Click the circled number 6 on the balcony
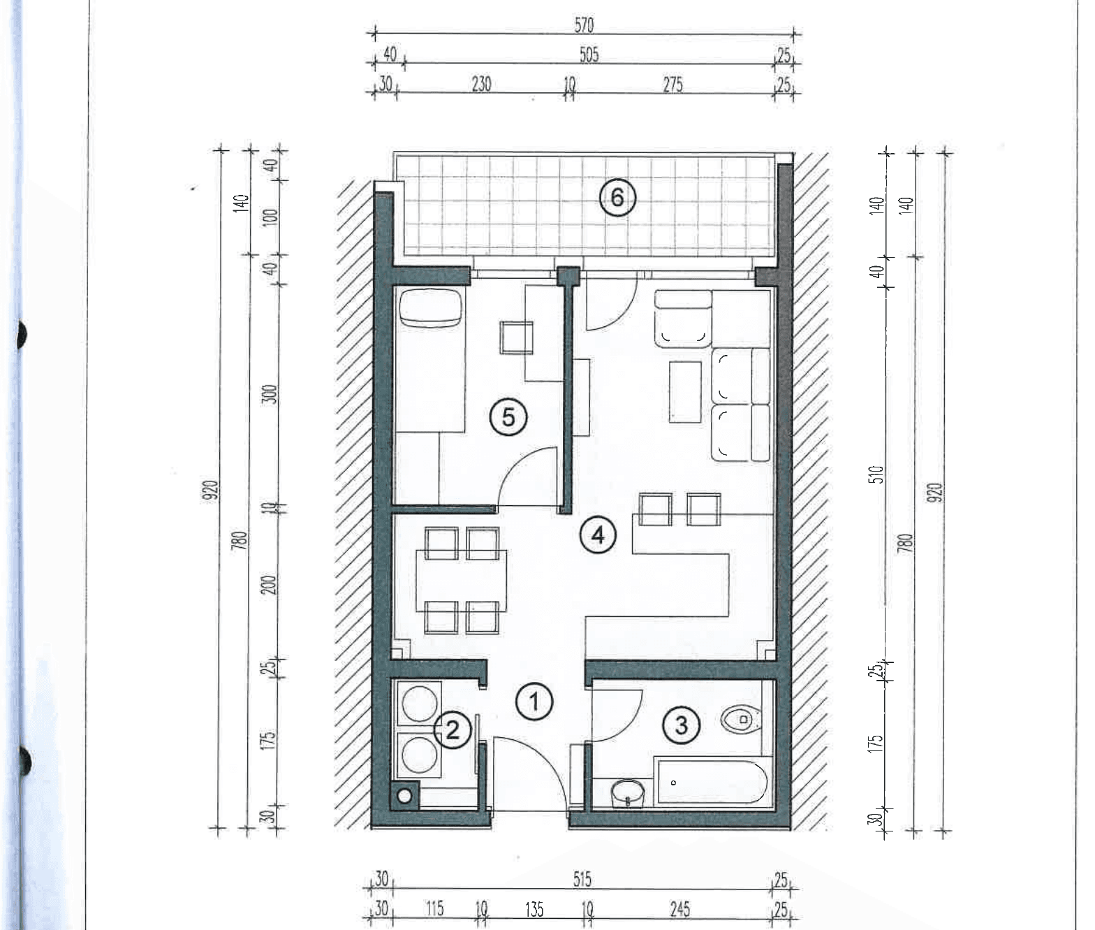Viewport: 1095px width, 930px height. pos(617,198)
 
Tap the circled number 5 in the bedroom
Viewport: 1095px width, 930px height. pos(508,418)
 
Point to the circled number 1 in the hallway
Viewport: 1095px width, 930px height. pos(534,702)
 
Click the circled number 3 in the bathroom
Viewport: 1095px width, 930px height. pos(682,725)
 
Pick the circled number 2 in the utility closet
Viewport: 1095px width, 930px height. pos(452,731)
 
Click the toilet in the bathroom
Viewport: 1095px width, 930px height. pos(742,720)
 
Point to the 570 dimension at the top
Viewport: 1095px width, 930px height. pos(584,25)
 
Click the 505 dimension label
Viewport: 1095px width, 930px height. pos(589,55)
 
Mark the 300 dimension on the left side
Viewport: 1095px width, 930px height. pos(270,394)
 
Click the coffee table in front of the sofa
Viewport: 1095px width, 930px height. pos(686,392)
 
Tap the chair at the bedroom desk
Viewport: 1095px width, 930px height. pos(516,337)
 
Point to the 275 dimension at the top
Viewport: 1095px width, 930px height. pos(673,85)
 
